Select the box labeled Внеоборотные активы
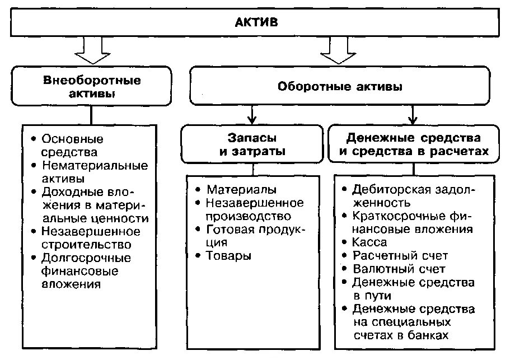pyautogui.click(x=92, y=87)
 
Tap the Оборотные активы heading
pyautogui.click(x=340, y=87)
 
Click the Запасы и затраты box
pyautogui.click(x=252, y=144)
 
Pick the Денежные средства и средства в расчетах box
pyautogui.click(x=413, y=144)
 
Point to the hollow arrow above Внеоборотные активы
pyautogui.click(x=92, y=50)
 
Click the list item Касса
pyautogui.click(x=369, y=242)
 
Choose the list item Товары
pyautogui.click(x=228, y=256)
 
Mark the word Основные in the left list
pyautogui.click(x=73, y=139)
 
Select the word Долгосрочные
pyautogui.click(x=86, y=258)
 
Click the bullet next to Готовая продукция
pyautogui.click(x=198, y=229)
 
